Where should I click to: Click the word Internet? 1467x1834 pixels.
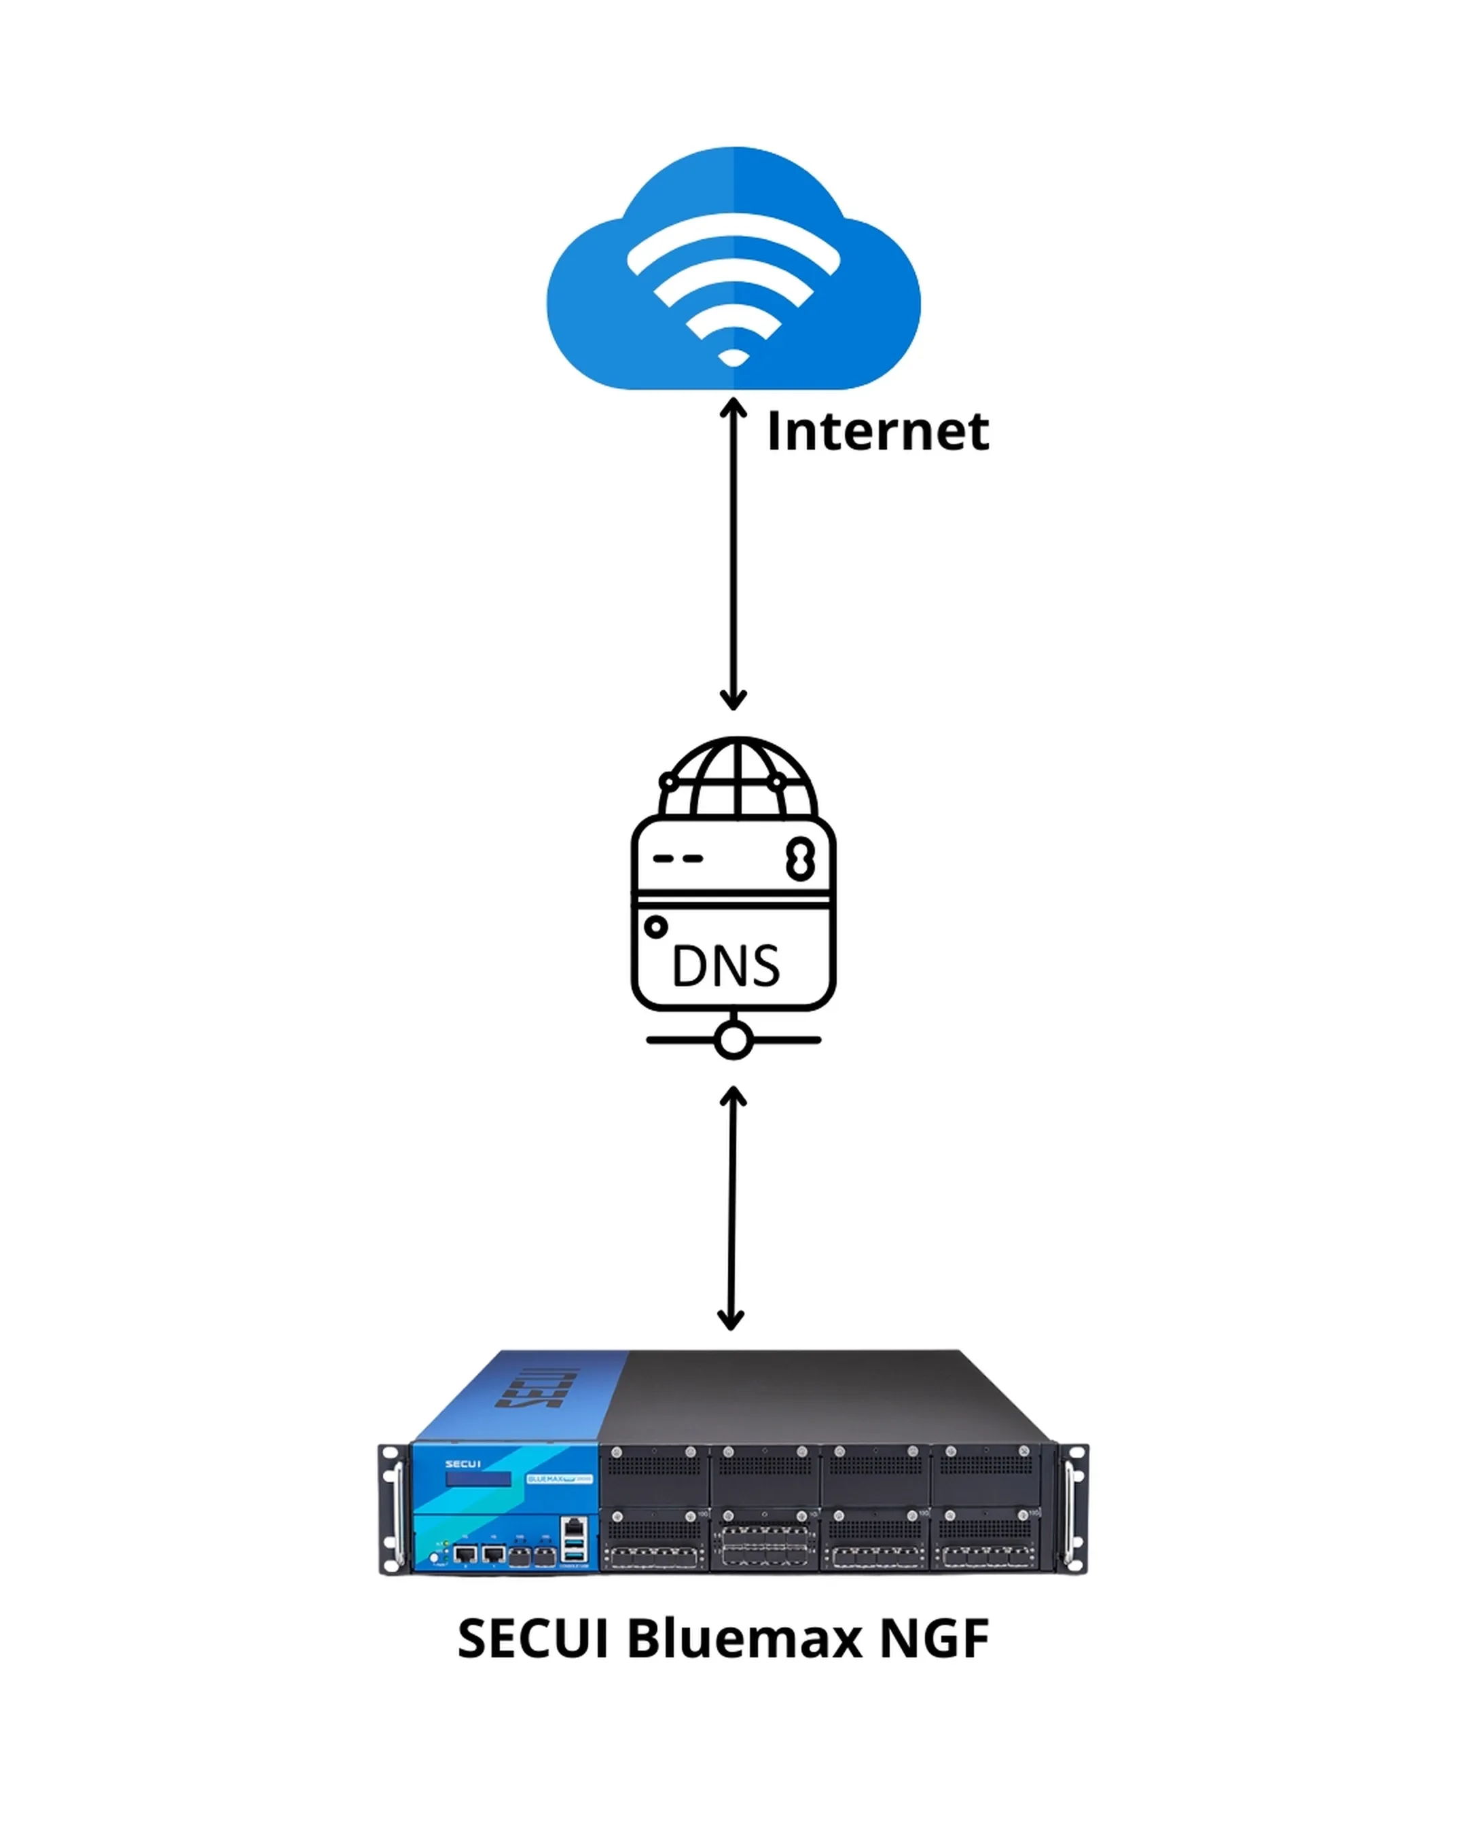pos(877,432)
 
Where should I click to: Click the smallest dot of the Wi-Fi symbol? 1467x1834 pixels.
pos(733,357)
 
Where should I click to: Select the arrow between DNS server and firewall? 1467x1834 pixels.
pos(732,1208)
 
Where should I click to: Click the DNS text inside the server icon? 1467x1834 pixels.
pos(725,967)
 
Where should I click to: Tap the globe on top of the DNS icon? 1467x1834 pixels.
pos(736,778)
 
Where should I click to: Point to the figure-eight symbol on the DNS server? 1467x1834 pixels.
pos(800,859)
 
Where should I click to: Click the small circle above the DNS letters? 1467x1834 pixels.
pos(655,927)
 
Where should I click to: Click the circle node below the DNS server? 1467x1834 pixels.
pos(733,1039)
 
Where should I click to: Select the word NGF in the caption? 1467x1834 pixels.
pos(934,1638)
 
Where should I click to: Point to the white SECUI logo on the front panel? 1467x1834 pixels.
pos(463,1464)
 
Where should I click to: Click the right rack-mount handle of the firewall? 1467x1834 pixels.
pos(1073,1508)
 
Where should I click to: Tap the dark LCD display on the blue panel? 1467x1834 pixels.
pos(479,1480)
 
